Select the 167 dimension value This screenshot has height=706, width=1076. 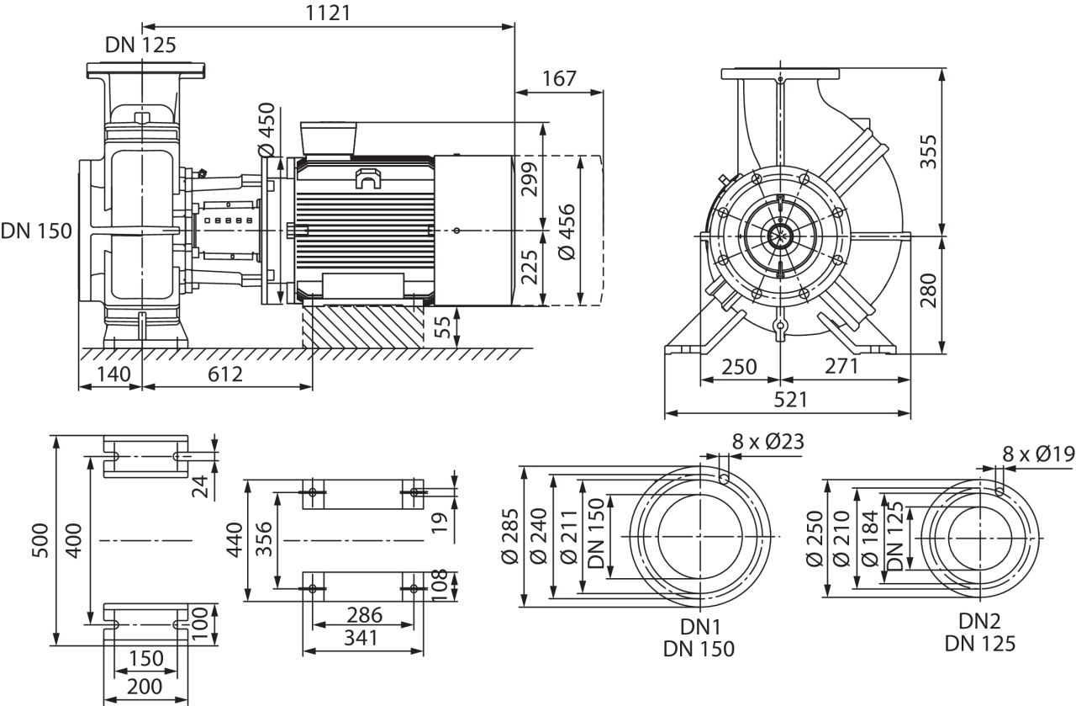click(559, 78)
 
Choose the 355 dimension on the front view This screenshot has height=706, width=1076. click(928, 151)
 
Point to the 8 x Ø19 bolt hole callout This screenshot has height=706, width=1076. click(1037, 455)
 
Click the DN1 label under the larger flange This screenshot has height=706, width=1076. click(699, 626)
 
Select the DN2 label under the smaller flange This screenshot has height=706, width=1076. click(980, 622)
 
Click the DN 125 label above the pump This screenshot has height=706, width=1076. click(141, 45)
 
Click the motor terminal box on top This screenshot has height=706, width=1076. click(331, 139)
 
